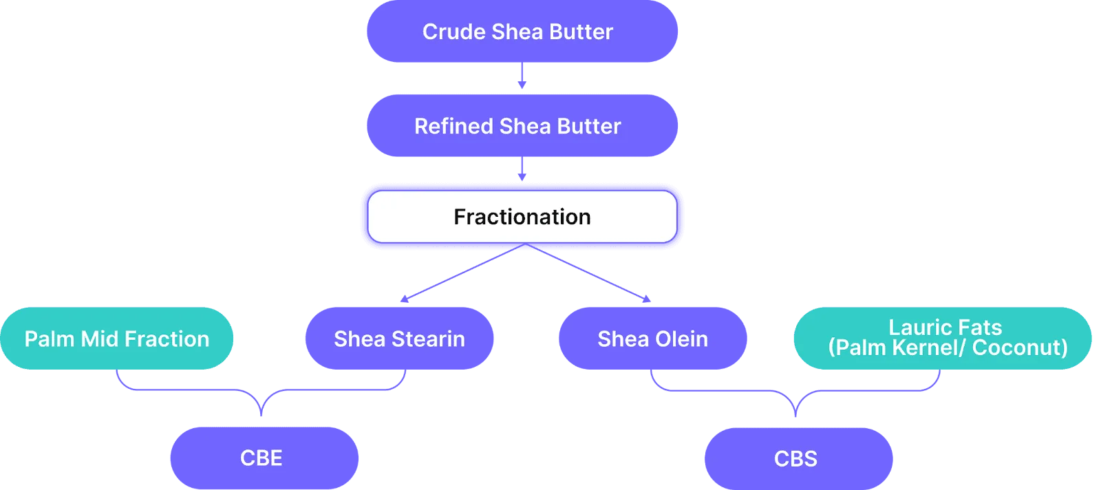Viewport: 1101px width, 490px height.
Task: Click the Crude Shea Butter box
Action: tap(522, 31)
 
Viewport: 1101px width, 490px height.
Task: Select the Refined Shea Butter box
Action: tap(522, 126)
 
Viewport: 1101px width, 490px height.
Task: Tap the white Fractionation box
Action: tap(522, 217)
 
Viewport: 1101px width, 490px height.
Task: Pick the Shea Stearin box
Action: tap(399, 338)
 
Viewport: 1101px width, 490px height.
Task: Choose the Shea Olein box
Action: tap(653, 338)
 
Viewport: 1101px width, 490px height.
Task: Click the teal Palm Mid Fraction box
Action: tap(116, 338)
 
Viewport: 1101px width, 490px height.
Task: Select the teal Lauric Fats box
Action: tap(943, 338)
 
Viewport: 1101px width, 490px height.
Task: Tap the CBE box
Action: tap(264, 458)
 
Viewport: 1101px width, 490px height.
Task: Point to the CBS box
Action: tap(799, 458)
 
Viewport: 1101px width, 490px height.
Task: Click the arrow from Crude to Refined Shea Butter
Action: tap(522, 76)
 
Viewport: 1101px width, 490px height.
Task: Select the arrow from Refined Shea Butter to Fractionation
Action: tap(522, 169)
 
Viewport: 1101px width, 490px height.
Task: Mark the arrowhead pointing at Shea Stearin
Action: tap(405, 299)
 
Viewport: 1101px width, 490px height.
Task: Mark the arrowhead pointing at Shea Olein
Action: tap(646, 299)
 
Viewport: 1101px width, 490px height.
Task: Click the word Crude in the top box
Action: tap(454, 32)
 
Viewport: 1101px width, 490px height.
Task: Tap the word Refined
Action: tap(453, 127)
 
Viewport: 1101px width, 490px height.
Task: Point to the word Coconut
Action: tap(1020, 348)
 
